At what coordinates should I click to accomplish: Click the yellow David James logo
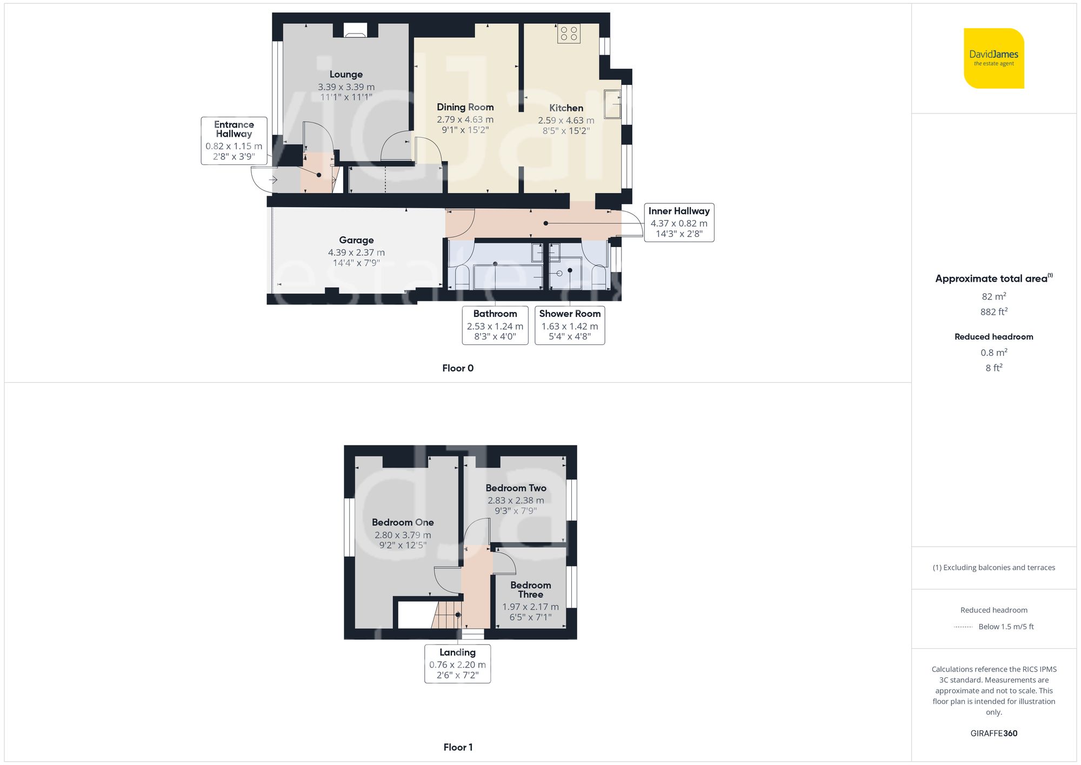pyautogui.click(x=993, y=58)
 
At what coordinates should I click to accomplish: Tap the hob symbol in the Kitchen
pyautogui.click(x=569, y=34)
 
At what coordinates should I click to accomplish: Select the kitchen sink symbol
pyautogui.click(x=612, y=104)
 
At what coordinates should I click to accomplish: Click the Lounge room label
pyautogui.click(x=346, y=75)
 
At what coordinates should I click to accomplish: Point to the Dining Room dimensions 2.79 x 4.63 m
pyautogui.click(x=465, y=119)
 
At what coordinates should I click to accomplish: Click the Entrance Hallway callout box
pyautogui.click(x=234, y=141)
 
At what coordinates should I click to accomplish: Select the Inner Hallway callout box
pyautogui.click(x=679, y=222)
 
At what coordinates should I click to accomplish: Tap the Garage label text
pyautogui.click(x=356, y=240)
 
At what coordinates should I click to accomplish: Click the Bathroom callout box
pyautogui.click(x=495, y=325)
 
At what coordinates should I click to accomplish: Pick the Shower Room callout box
pyautogui.click(x=570, y=325)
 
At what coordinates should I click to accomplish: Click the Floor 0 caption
pyautogui.click(x=458, y=368)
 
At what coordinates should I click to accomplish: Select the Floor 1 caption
pyautogui.click(x=458, y=747)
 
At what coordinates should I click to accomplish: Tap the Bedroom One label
pyautogui.click(x=403, y=522)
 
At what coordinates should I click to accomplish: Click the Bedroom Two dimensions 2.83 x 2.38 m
pyautogui.click(x=516, y=501)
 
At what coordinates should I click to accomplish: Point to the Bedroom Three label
pyautogui.click(x=530, y=589)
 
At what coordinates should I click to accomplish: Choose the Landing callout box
pyautogui.click(x=457, y=663)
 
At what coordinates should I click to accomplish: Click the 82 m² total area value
pyautogui.click(x=993, y=296)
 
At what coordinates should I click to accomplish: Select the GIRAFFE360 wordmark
pyautogui.click(x=993, y=733)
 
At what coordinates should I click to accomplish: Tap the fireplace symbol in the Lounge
pyautogui.click(x=355, y=31)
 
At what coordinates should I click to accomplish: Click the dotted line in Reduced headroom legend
pyautogui.click(x=963, y=627)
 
